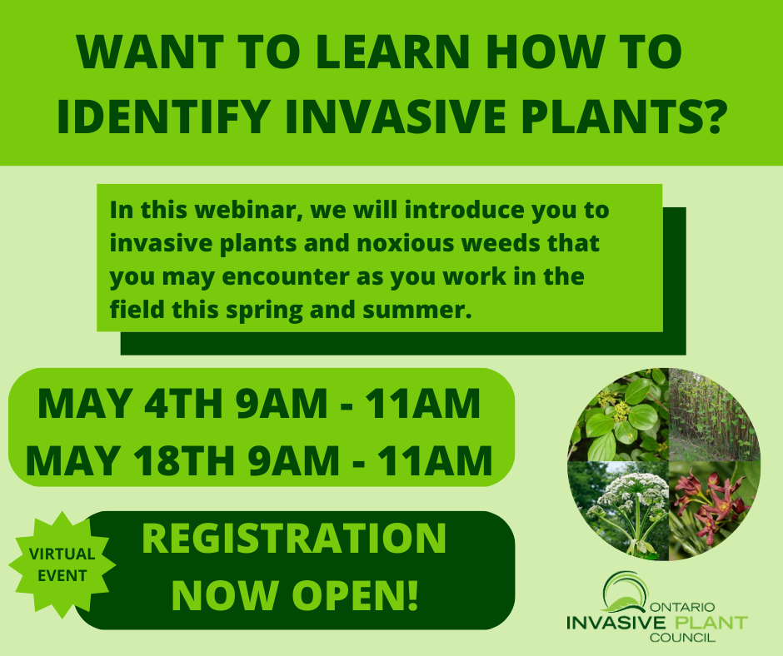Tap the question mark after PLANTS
(710, 116)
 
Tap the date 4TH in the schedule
(183, 404)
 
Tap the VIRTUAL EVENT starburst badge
(62, 564)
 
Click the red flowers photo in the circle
(713, 509)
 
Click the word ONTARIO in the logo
(683, 608)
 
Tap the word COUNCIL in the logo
(683, 638)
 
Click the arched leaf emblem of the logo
(625, 592)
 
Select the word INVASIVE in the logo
(616, 623)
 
